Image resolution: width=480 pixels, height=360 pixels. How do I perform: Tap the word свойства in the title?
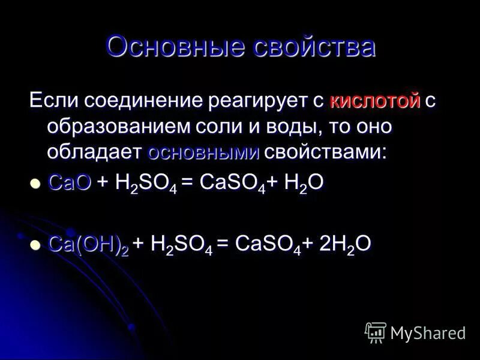[x=314, y=47]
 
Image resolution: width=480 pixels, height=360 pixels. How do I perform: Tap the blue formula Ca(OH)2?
[x=88, y=244]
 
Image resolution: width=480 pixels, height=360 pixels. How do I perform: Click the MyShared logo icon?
[x=376, y=332]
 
